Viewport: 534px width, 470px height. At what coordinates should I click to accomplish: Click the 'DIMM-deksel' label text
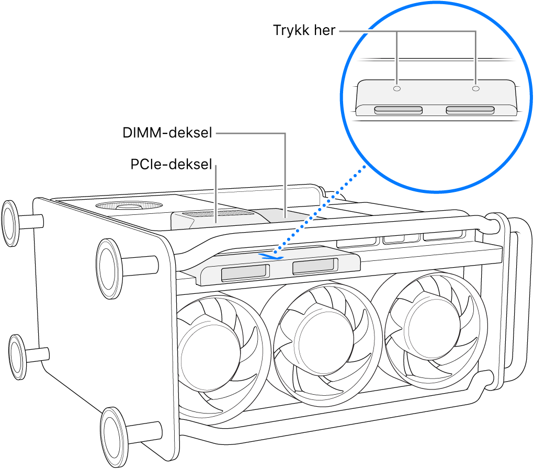167,133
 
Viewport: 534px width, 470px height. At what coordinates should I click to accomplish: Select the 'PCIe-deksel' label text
171,165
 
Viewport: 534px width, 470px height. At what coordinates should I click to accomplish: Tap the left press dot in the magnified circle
397,89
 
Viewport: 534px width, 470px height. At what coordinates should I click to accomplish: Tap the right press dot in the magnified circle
475,89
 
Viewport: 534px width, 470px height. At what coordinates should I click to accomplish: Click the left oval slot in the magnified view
399,110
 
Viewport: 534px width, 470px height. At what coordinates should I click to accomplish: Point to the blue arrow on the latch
270,256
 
